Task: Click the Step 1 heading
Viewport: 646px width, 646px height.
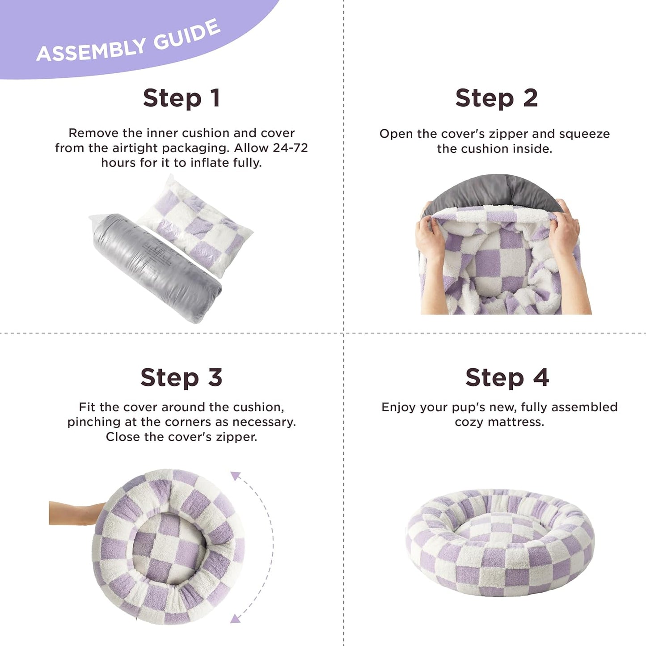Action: (181, 98)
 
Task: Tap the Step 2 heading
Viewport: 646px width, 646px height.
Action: (496, 98)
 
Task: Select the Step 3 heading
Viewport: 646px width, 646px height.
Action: (181, 378)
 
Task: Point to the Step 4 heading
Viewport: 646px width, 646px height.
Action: (507, 378)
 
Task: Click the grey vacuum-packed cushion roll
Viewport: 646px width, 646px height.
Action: (156, 268)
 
